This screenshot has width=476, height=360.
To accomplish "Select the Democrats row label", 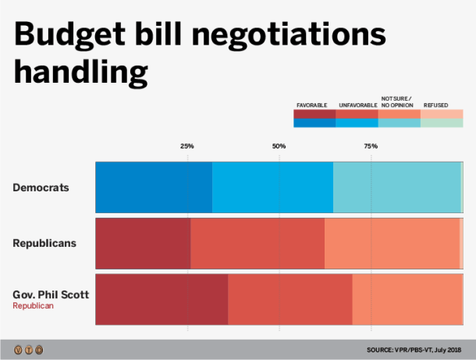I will pyautogui.click(x=41, y=187).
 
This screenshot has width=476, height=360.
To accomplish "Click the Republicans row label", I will pyautogui.click(x=44, y=243).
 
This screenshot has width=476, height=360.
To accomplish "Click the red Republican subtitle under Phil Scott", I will pyautogui.click(x=32, y=306).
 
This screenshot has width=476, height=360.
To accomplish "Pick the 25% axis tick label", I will pyautogui.click(x=187, y=146).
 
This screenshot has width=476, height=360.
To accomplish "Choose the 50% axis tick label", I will pyautogui.click(x=279, y=146).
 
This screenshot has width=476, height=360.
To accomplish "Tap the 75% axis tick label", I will pyautogui.click(x=371, y=146).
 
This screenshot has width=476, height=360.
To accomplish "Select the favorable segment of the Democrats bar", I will pyautogui.click(x=154, y=187).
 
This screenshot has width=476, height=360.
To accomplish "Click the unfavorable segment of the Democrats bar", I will pyautogui.click(x=272, y=187).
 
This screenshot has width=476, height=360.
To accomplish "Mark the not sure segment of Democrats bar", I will pyautogui.click(x=396, y=187).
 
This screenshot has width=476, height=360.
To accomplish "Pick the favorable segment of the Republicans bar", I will pyautogui.click(x=143, y=244).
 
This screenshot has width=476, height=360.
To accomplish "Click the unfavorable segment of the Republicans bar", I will pyautogui.click(x=258, y=244).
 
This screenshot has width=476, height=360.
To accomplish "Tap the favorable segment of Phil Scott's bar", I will pyautogui.click(x=162, y=299).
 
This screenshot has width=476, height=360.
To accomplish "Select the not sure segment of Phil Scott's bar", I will pyautogui.click(x=407, y=299).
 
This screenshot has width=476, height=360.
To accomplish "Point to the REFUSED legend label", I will pyautogui.click(x=435, y=104).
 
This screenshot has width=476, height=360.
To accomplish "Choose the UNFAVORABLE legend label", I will pyautogui.click(x=357, y=104).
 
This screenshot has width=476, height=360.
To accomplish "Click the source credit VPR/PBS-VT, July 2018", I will pyautogui.click(x=416, y=349).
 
